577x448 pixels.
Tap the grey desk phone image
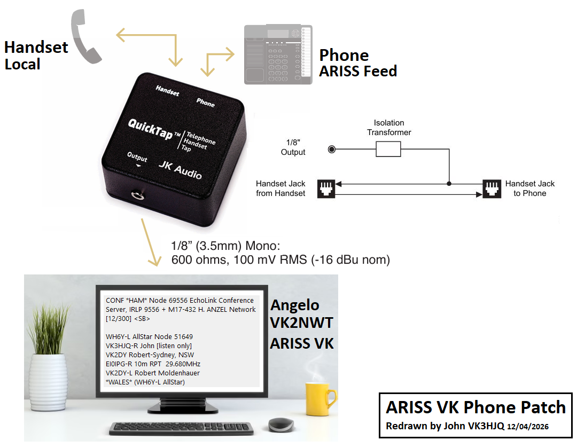pyautogui.click(x=277, y=54)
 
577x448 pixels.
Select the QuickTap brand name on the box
pyautogui.click(x=150, y=128)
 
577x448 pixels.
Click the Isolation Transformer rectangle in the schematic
pyautogui.click(x=388, y=150)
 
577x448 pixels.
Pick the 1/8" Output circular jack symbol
pyautogui.click(x=332, y=150)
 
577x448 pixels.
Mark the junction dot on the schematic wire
pyautogui.click(x=449, y=184)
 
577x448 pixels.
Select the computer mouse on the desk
pyautogui.click(x=281, y=425)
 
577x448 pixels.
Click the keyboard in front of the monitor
pyautogui.click(x=181, y=428)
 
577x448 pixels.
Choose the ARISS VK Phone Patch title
pyautogui.click(x=475, y=407)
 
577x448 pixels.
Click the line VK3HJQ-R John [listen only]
pyautogui.click(x=149, y=345)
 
